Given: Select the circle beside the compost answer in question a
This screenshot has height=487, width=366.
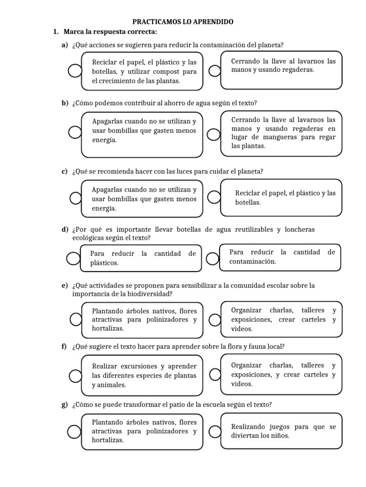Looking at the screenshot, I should pyautogui.click(x=75, y=71).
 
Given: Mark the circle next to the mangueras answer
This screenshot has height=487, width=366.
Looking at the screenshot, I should pyautogui.click(x=215, y=135).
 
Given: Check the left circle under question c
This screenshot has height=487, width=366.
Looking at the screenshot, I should pyautogui.click(x=75, y=198).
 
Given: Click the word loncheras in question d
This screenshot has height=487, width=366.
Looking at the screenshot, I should pyautogui.click(x=300, y=230).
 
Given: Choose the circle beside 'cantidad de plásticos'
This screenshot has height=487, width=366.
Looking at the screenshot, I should pyautogui.click(x=73, y=258).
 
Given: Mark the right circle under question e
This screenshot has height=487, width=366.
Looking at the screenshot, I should pyautogui.click(x=215, y=319).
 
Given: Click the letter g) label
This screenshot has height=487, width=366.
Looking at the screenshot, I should pyautogui.click(x=64, y=405).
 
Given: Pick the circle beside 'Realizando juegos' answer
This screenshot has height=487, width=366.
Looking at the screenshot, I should pyautogui.click(x=215, y=431).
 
